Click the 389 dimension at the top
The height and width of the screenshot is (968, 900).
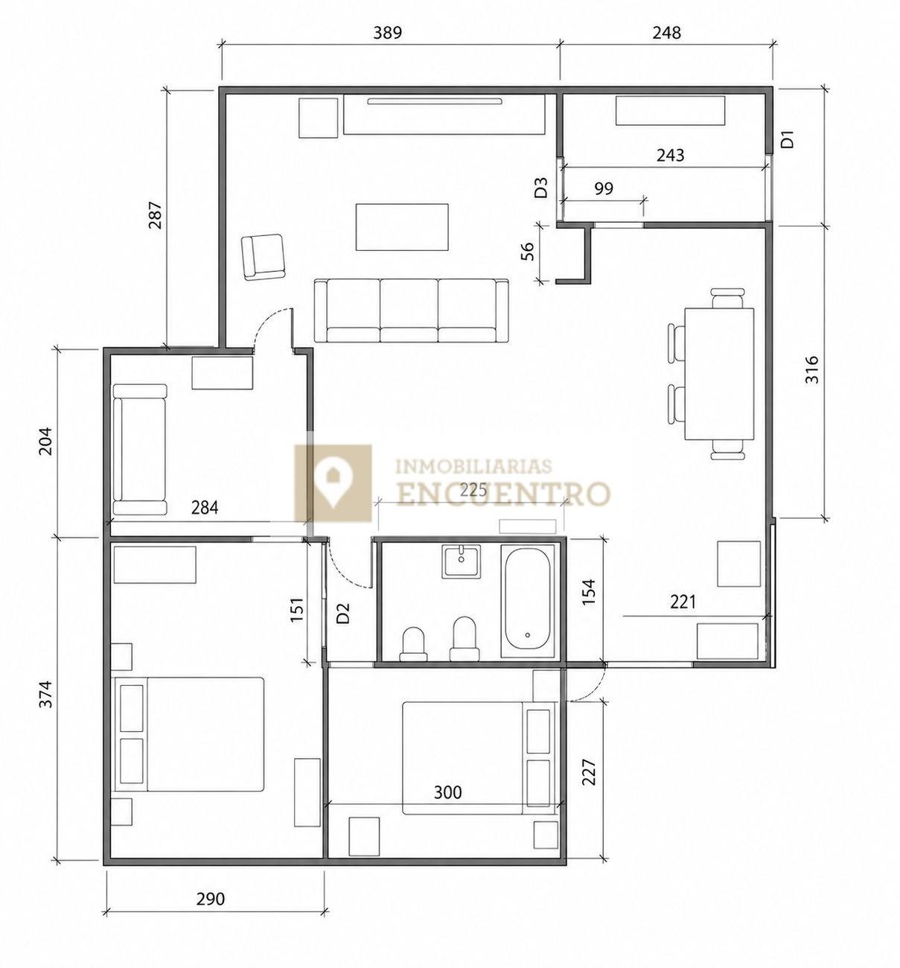pyautogui.click(x=388, y=33)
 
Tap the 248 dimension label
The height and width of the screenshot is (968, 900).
pyautogui.click(x=666, y=33)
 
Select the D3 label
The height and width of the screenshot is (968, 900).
pyautogui.click(x=541, y=187)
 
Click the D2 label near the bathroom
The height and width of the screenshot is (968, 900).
pyautogui.click(x=343, y=613)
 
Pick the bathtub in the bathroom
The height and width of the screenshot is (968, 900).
pyautogui.click(x=528, y=602)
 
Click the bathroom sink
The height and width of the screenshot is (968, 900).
pyautogui.click(x=461, y=561)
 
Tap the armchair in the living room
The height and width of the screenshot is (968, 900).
pyautogui.click(x=263, y=257)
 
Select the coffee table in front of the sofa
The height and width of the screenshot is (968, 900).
pyautogui.click(x=402, y=227)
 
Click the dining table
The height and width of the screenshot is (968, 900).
pyautogui.click(x=719, y=374)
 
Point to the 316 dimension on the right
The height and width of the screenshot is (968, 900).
pyautogui.click(x=812, y=370)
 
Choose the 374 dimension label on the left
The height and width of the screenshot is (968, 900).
pyautogui.click(x=45, y=693)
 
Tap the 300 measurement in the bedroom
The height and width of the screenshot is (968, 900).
pyautogui.click(x=448, y=792)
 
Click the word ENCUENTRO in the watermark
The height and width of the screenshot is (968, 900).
pyautogui.click(x=504, y=494)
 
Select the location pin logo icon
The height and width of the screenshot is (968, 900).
pyautogui.click(x=333, y=483)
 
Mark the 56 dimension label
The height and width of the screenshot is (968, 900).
pyautogui.click(x=529, y=251)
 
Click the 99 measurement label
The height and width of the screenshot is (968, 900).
pyautogui.click(x=604, y=188)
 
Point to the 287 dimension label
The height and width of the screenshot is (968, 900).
pyautogui.click(x=156, y=215)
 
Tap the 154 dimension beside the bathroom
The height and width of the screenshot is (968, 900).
pyautogui.click(x=589, y=592)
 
